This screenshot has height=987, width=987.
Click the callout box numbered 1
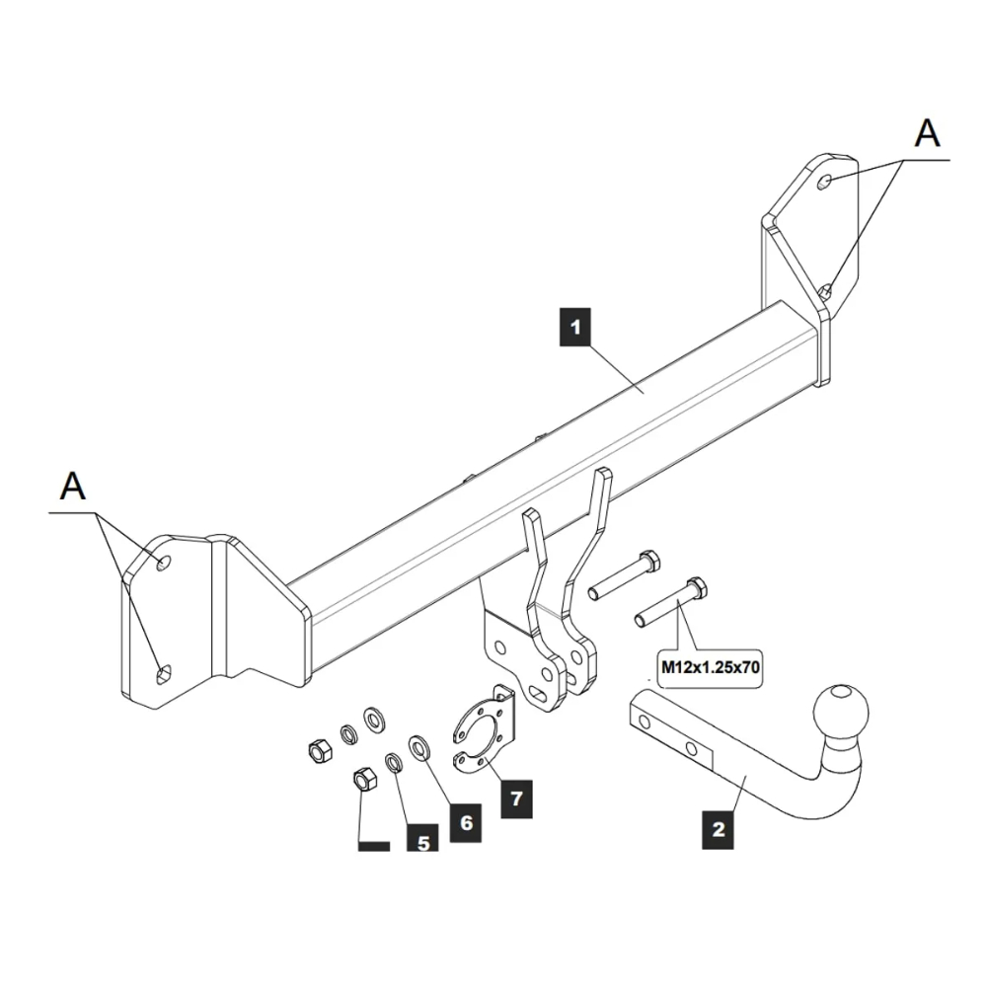[574, 327]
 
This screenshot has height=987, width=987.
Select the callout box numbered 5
[422, 842]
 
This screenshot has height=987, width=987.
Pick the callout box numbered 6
[465, 822]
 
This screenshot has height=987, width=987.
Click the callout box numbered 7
[515, 797]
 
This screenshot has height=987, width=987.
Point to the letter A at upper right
[927, 133]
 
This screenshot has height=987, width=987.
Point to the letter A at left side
[73, 486]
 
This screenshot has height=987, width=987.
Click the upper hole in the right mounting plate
[827, 181]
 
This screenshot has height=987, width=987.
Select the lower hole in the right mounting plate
[825, 290]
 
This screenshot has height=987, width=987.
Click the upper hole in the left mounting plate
[163, 563]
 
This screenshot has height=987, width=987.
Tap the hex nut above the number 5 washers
[319, 752]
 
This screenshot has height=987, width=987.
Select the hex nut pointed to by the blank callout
[362, 780]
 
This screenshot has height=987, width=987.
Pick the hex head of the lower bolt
[696, 589]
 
